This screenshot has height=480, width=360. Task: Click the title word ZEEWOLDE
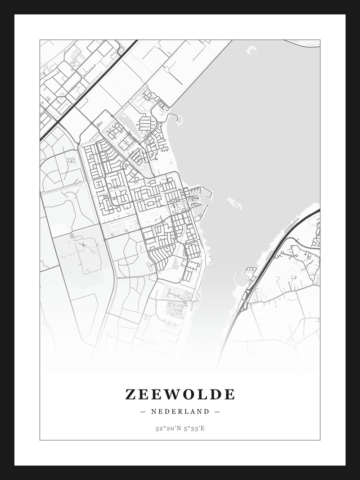point(180,394)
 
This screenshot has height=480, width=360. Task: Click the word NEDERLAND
point(180,411)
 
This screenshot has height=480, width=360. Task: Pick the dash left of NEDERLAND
point(143,411)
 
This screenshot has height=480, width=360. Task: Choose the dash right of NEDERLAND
point(217,411)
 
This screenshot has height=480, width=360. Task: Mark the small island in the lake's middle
point(234,203)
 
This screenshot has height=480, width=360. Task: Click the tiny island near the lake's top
point(252,50)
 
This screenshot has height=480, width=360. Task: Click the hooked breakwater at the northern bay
point(175,119)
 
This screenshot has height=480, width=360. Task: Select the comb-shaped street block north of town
point(145,123)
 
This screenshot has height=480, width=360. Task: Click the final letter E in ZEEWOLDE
point(230,394)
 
